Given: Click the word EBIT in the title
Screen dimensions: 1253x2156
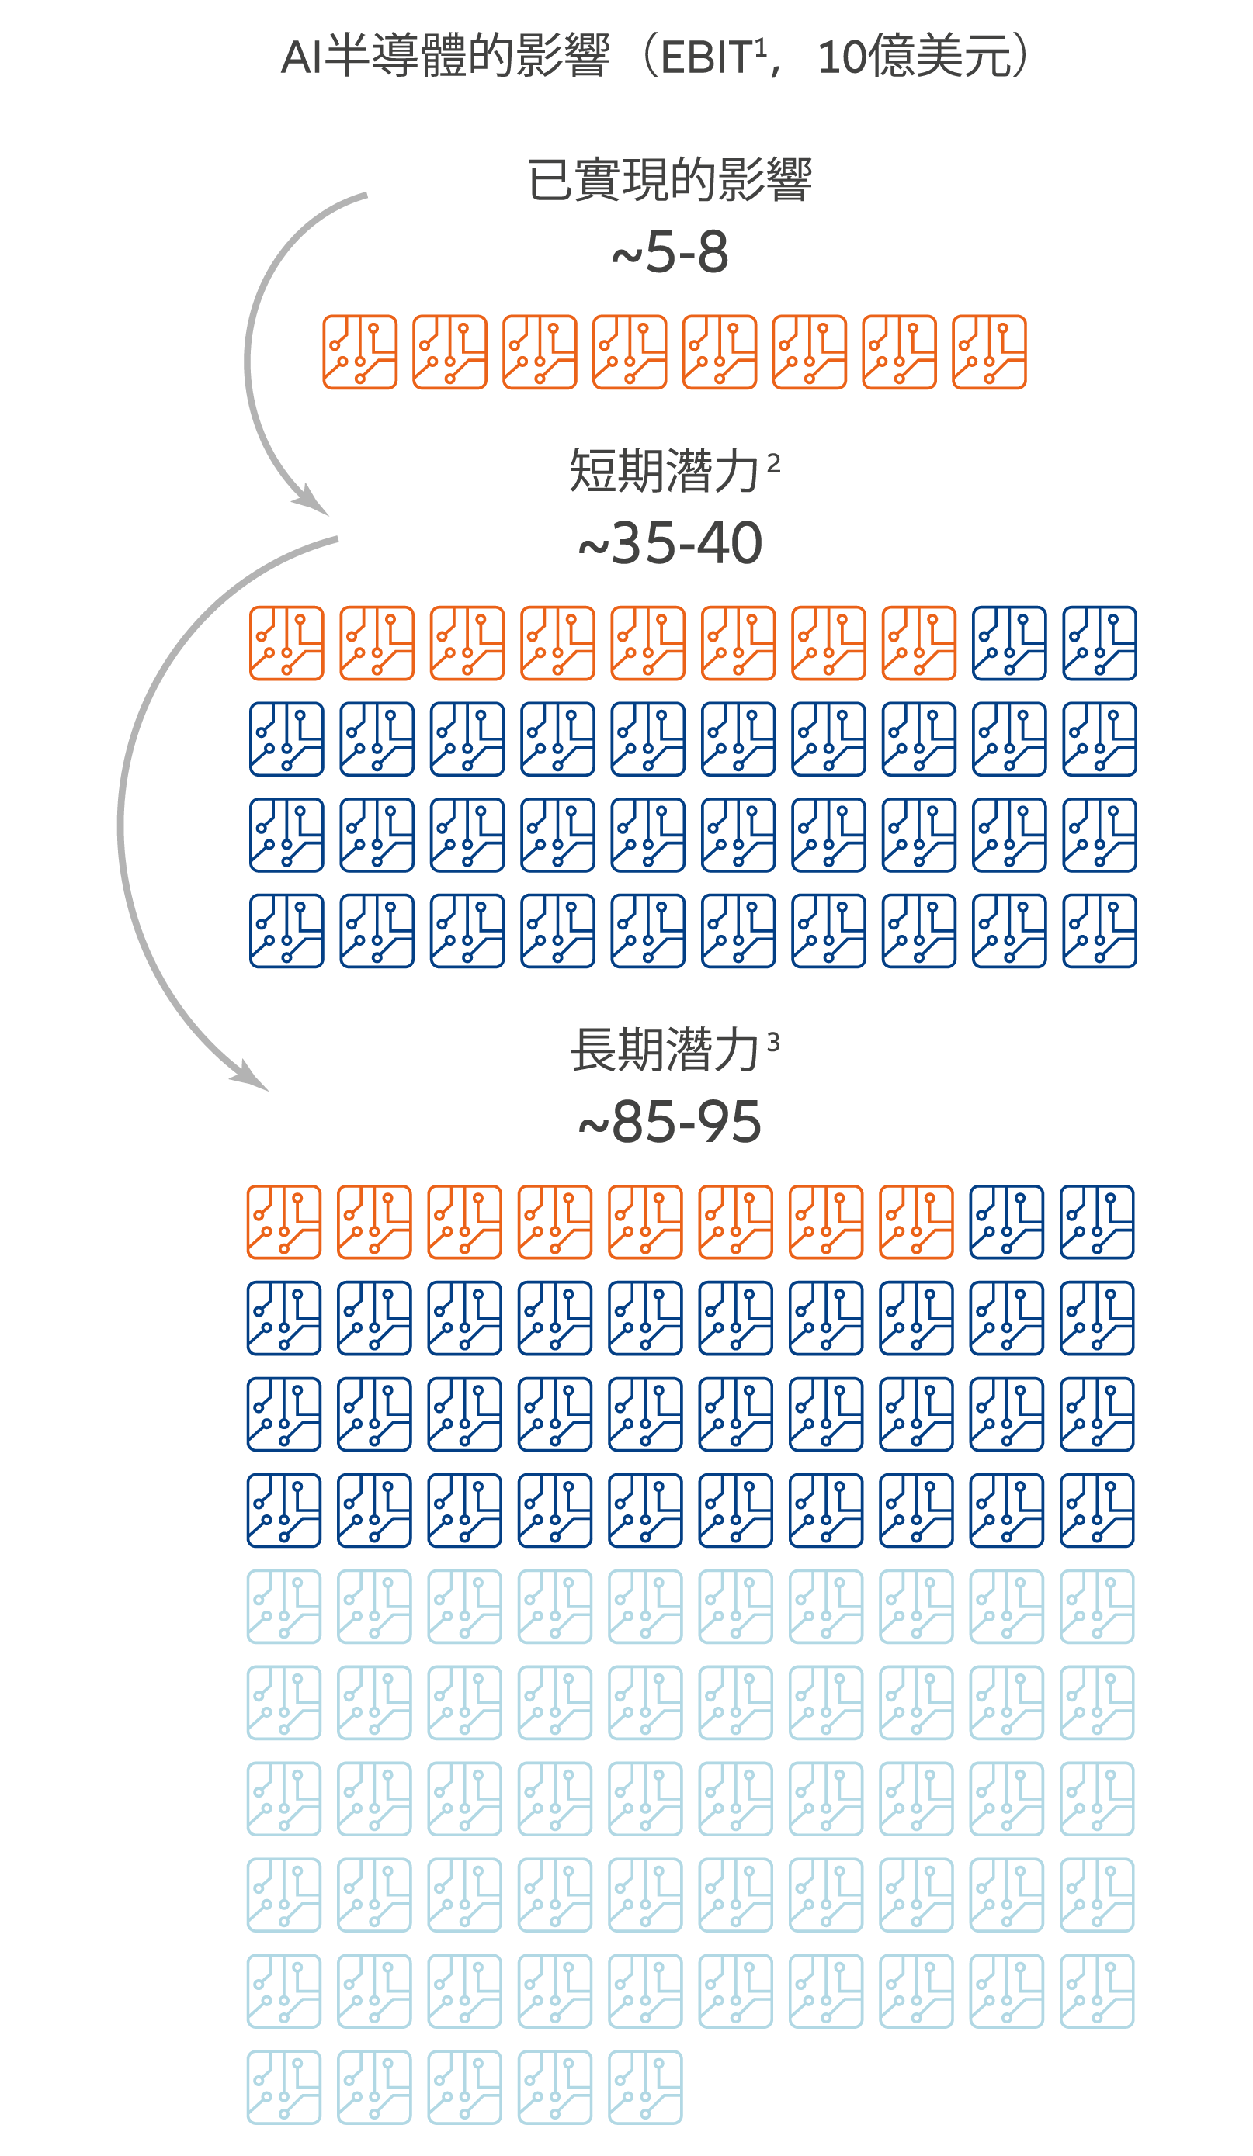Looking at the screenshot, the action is click(x=706, y=58).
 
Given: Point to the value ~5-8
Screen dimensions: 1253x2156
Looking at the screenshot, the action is click(x=669, y=252).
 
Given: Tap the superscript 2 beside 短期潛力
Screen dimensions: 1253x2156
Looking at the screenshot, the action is click(x=773, y=464).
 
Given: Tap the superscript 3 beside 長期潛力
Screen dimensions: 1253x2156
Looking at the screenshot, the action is click(x=773, y=1043).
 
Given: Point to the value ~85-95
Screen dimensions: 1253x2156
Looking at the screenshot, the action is click(x=669, y=1122).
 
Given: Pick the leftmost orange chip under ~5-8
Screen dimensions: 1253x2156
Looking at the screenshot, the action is click(x=359, y=351).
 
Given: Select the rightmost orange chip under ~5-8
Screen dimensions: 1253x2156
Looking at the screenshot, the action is click(x=988, y=351).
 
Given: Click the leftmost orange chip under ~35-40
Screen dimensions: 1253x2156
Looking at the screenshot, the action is click(x=286, y=643).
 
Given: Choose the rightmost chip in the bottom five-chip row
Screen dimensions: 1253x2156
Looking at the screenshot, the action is click(x=645, y=2088).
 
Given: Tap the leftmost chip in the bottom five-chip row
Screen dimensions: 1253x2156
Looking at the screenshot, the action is click(x=284, y=2088).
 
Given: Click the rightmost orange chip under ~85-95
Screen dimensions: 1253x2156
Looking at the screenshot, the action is click(x=916, y=1222).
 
